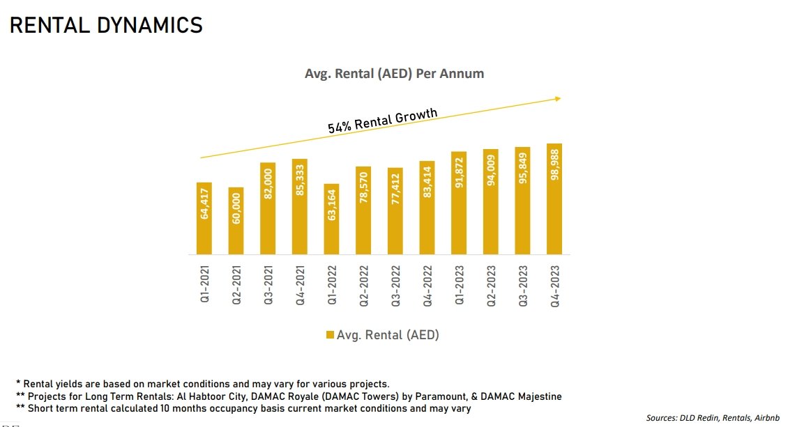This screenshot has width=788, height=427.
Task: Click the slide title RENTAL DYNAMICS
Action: (106, 25)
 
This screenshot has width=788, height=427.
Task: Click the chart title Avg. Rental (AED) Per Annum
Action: (394, 73)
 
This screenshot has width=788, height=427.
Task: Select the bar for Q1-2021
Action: (204, 218)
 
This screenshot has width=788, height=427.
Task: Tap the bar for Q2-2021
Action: (236, 221)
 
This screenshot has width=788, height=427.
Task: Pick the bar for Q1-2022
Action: (331, 219)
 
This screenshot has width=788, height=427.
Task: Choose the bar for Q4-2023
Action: (554, 199)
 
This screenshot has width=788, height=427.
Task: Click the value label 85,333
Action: (300, 181)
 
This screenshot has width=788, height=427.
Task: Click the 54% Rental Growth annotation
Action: (383, 120)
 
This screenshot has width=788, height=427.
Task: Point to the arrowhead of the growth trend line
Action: (558, 99)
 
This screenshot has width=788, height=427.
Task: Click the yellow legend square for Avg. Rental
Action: (330, 336)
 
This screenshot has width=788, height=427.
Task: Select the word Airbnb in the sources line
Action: (764, 417)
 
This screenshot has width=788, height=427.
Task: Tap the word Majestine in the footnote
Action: (537, 396)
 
